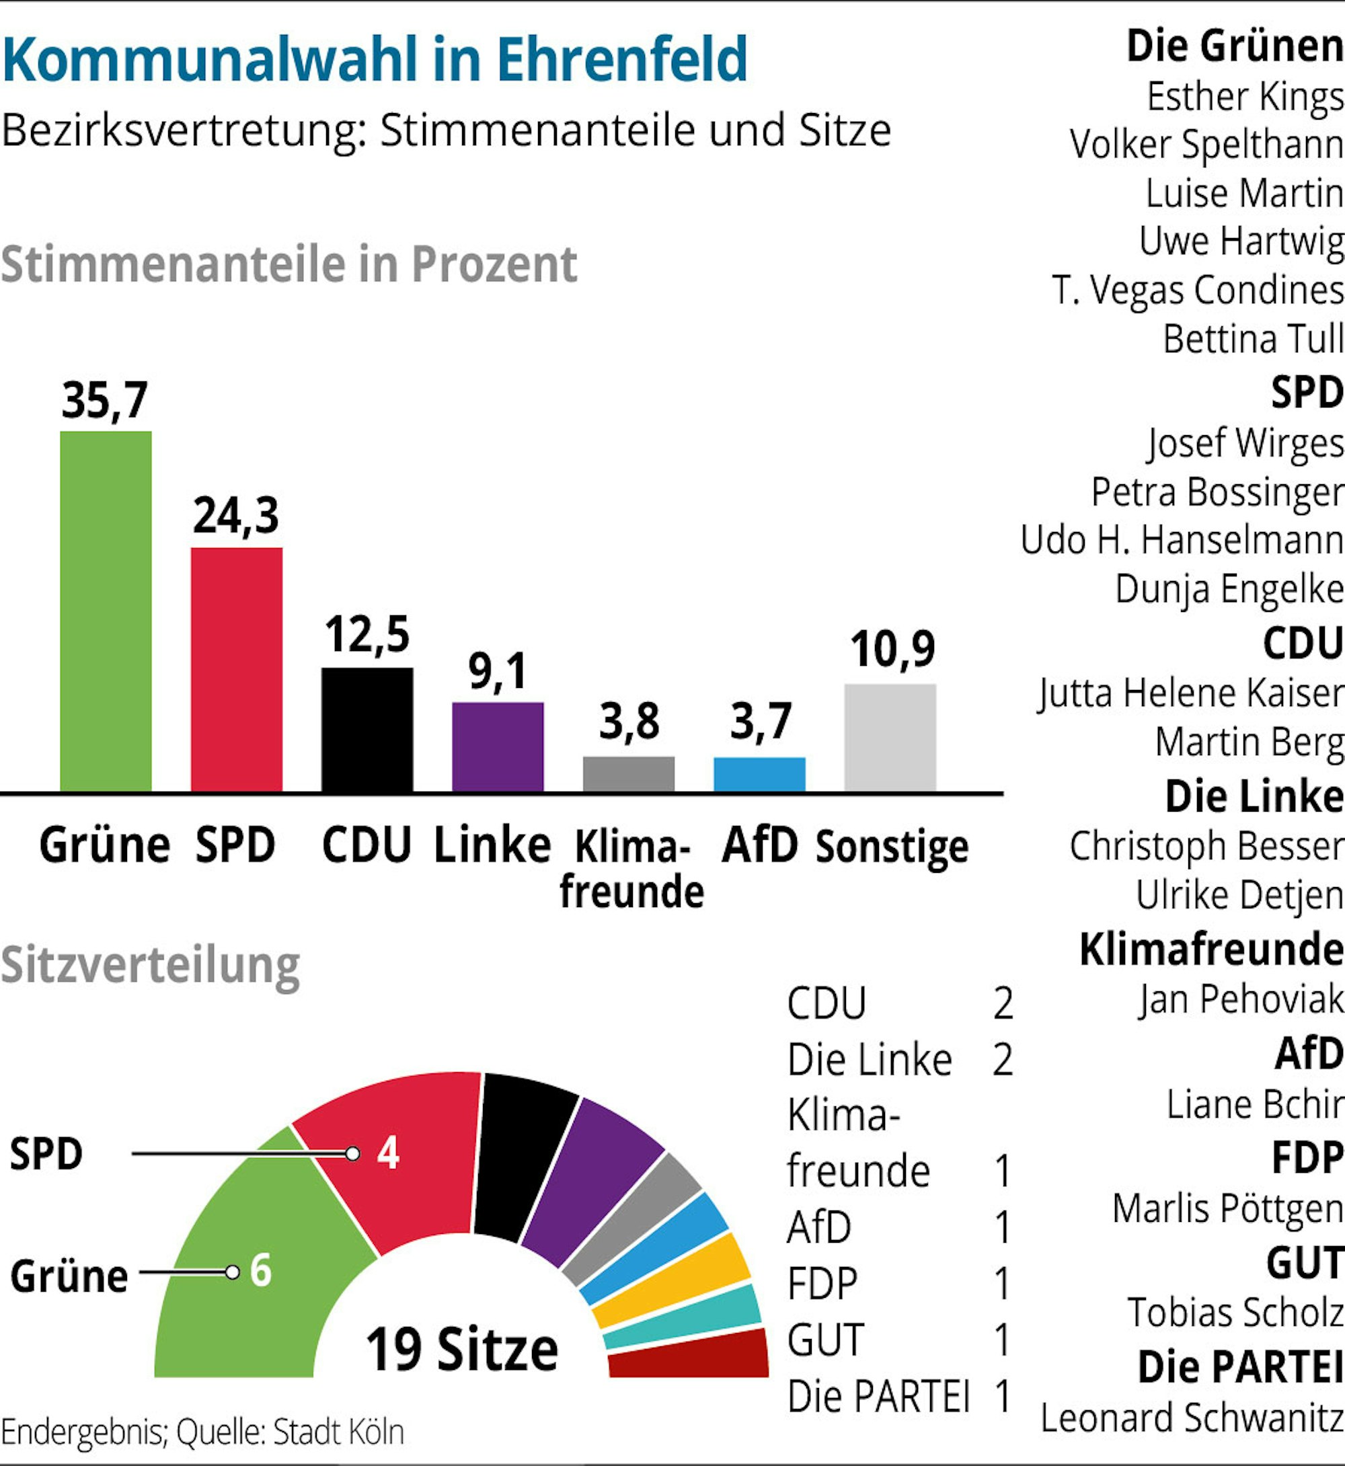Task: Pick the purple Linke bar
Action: (498, 746)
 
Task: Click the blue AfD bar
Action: (759, 774)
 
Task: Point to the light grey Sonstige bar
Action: (890, 736)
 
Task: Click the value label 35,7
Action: (105, 400)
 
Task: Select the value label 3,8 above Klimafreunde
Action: (629, 722)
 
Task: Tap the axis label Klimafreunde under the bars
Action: (631, 868)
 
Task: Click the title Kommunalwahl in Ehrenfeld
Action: (375, 59)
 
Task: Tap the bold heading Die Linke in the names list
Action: (1254, 796)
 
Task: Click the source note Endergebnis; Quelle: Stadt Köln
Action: (202, 1432)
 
